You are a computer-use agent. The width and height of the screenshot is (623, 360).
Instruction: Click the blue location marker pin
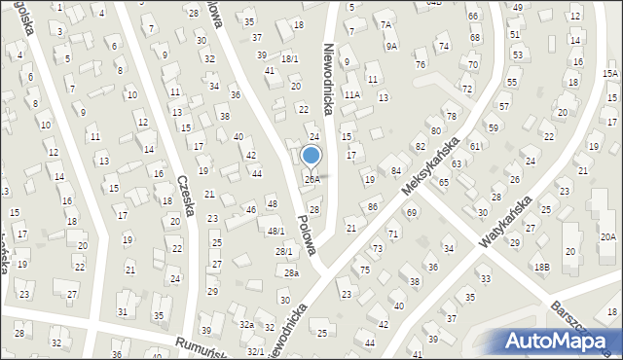pyautogui.click(x=311, y=156)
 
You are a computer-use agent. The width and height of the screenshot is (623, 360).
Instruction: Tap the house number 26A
pyautogui.click(x=311, y=179)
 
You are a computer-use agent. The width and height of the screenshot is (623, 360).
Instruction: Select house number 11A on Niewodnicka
pyautogui.click(x=352, y=94)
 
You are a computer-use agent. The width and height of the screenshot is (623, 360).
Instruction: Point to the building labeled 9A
pyautogui.click(x=391, y=46)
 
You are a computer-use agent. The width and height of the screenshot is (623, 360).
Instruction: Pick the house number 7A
pyautogui.click(x=385, y=25)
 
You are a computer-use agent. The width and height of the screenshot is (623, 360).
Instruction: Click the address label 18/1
pyautogui.click(x=290, y=59)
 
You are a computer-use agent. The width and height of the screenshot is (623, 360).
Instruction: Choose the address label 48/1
pyautogui.click(x=276, y=231)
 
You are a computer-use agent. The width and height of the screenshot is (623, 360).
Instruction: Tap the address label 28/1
pyautogui.click(x=283, y=252)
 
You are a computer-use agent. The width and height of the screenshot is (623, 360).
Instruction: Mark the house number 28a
pyautogui.click(x=291, y=273)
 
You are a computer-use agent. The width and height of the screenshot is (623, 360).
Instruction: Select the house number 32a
pyautogui.click(x=247, y=325)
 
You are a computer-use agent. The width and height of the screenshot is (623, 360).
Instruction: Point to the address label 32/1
pyautogui.click(x=255, y=350)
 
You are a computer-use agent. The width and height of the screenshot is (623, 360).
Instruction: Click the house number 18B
pyautogui.click(x=541, y=267)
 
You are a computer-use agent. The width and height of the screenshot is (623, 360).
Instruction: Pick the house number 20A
pyautogui.click(x=607, y=237)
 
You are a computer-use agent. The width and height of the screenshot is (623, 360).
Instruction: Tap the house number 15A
pyautogui.click(x=610, y=74)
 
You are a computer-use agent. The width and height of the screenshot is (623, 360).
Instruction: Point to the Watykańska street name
pyautogui.click(x=503, y=221)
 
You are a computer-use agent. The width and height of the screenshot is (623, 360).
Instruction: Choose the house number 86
pyautogui.click(x=372, y=207)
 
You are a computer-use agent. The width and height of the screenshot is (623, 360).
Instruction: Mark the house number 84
pyautogui.click(x=396, y=171)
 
